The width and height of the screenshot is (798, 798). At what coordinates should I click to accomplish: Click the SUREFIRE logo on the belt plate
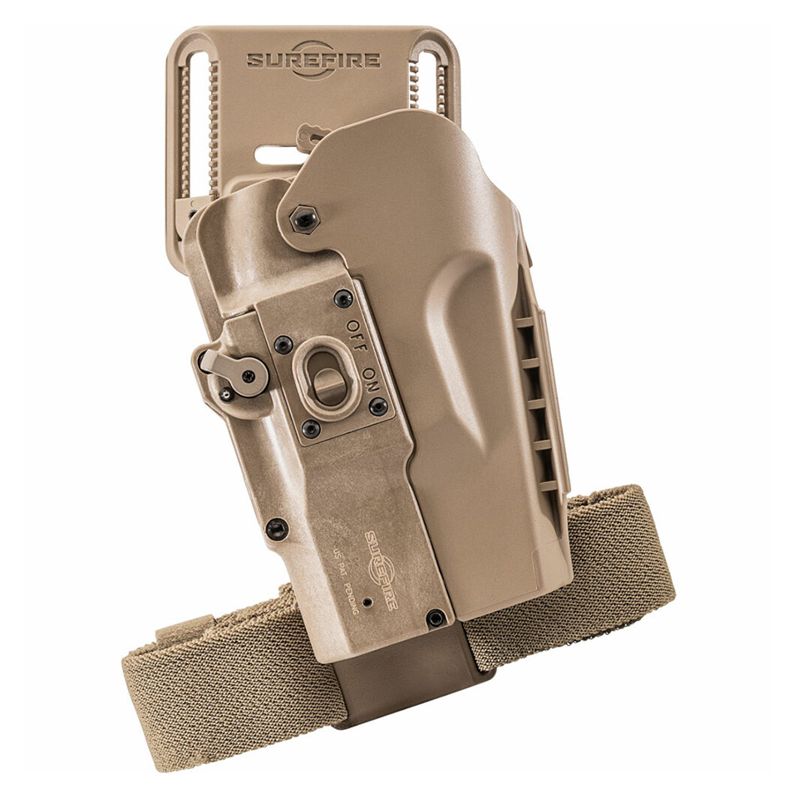313,60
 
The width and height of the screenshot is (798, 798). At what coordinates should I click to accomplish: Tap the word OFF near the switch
357,336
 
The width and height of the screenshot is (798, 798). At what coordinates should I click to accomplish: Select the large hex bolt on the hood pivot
304,219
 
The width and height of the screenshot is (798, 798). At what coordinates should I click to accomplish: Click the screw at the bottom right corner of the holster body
435,618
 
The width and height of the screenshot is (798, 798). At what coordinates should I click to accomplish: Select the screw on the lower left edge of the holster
277,530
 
